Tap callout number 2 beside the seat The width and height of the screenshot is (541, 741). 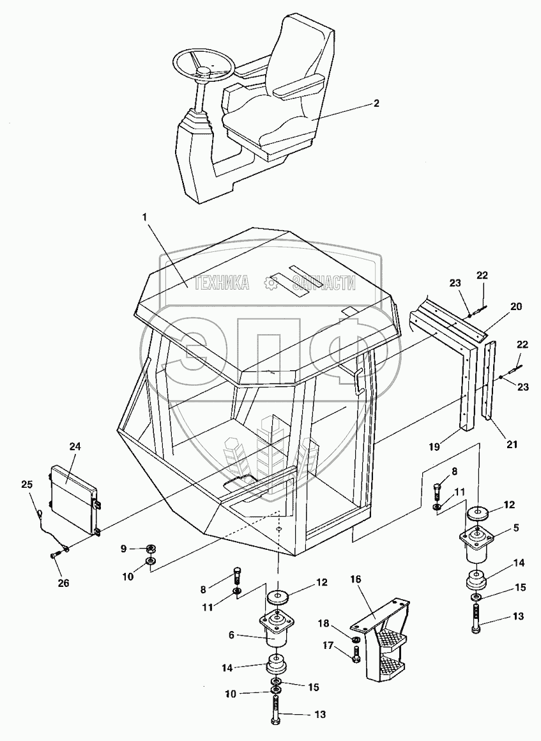[376, 103]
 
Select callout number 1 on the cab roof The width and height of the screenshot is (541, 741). [145, 217]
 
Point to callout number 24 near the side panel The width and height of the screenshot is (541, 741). [75, 448]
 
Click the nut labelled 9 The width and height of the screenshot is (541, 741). [151, 548]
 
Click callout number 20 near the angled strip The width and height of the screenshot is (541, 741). [515, 307]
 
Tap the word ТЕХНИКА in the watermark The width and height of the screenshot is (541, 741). [220, 283]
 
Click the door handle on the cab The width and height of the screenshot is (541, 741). [359, 382]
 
